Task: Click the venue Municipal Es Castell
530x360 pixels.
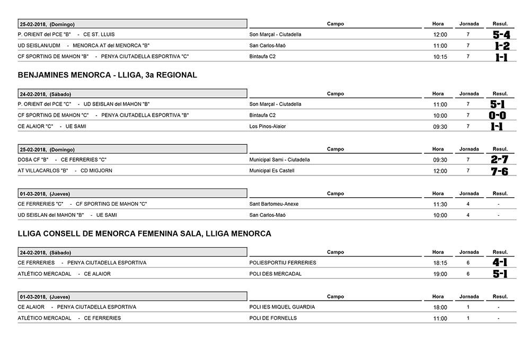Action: point(271,171)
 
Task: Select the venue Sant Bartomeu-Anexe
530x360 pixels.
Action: point(273,204)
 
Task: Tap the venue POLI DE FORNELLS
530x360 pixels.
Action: point(273,318)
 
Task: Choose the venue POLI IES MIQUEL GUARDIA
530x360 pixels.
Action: point(282,307)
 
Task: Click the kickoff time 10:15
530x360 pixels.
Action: point(440,57)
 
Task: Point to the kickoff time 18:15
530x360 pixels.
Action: point(440,263)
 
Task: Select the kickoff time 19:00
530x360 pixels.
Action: point(440,274)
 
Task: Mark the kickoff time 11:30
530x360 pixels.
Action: point(440,204)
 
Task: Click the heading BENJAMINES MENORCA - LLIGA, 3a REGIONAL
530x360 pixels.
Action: point(108,75)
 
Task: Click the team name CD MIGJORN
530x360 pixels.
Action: point(96,171)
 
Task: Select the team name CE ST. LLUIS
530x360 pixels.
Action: point(99,34)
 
